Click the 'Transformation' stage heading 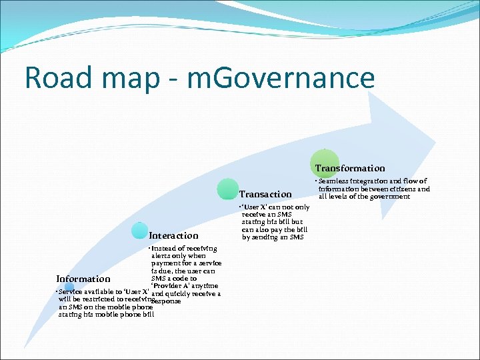tap(350, 169)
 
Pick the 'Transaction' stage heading tap(265, 194)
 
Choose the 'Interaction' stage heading tap(173, 235)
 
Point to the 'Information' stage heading tap(83, 279)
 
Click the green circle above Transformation tap(324, 163)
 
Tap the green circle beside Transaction tap(227, 189)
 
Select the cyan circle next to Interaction tap(139, 231)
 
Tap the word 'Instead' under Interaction tap(165, 248)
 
